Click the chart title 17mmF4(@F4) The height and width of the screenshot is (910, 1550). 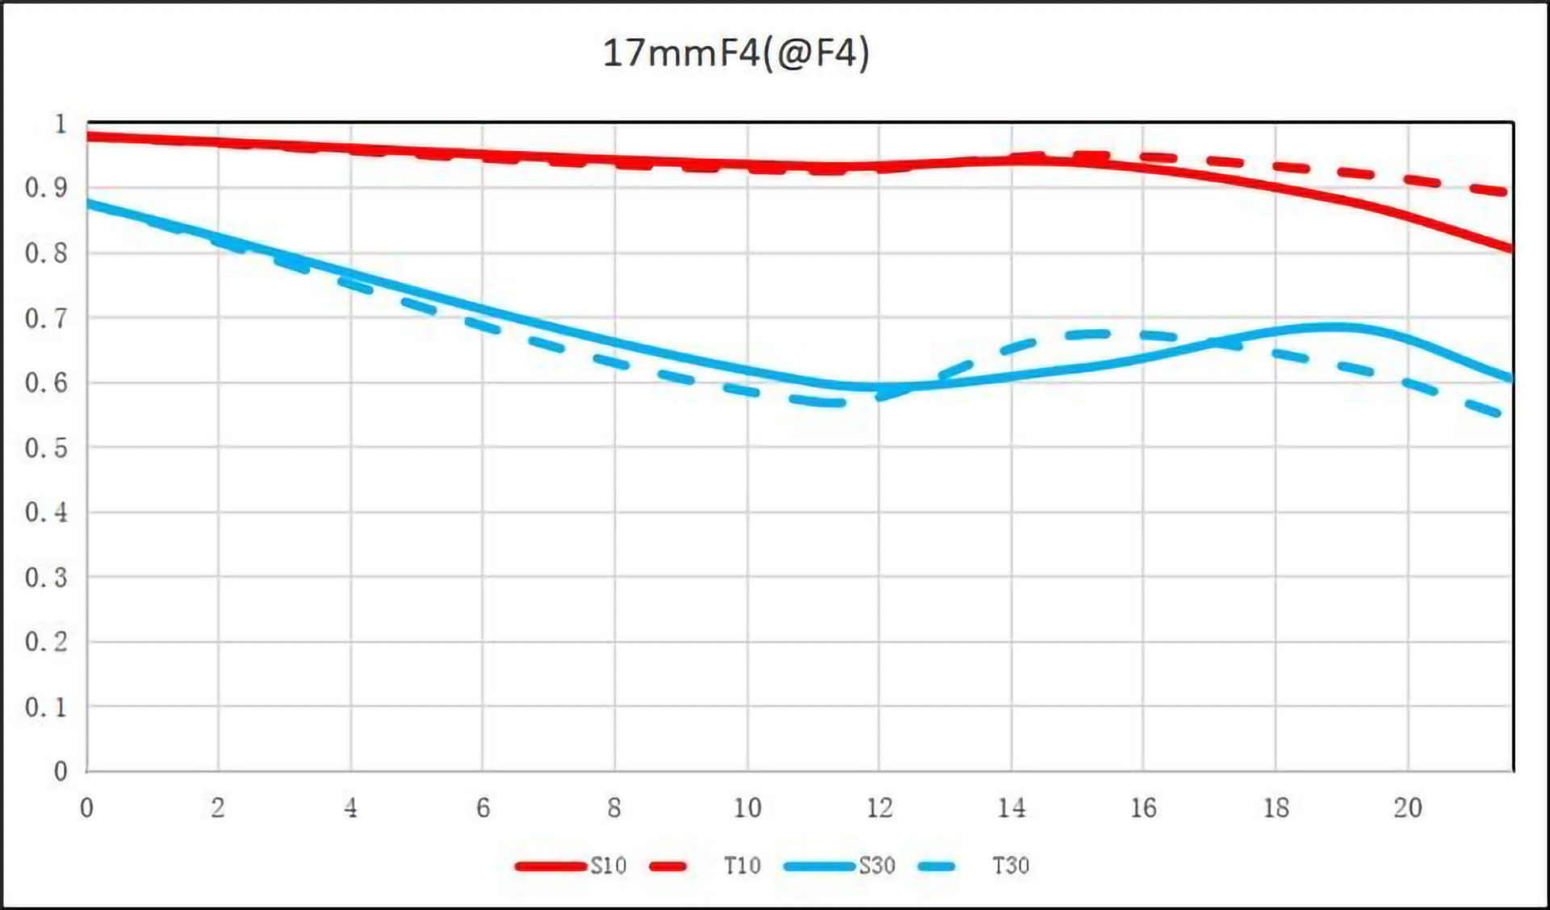click(x=735, y=53)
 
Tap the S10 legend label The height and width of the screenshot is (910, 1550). click(x=608, y=866)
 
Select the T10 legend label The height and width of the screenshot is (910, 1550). click(x=742, y=866)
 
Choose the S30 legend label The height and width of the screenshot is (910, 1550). click(x=877, y=866)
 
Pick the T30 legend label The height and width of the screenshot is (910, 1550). click(x=1011, y=866)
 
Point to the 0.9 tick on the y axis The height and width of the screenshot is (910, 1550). click(x=46, y=188)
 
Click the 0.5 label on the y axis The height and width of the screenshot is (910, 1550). click(x=46, y=448)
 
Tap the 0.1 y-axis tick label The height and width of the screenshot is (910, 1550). click(x=46, y=708)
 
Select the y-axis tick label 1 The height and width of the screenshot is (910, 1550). click(x=60, y=123)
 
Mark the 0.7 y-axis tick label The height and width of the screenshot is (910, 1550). click(x=46, y=318)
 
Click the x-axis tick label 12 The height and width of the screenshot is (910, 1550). click(x=879, y=808)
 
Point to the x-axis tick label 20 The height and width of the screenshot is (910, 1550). click(x=1408, y=808)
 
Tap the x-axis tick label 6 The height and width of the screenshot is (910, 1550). click(x=483, y=808)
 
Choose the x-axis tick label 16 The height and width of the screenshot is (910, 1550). click(x=1143, y=808)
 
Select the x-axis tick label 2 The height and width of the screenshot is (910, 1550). click(x=218, y=808)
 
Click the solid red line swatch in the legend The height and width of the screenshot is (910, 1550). click(x=551, y=866)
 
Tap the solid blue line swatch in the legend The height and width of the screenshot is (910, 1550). click(x=819, y=866)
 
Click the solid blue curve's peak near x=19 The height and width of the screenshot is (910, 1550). click(x=1336, y=327)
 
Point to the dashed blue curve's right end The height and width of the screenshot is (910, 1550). click(x=1500, y=415)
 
